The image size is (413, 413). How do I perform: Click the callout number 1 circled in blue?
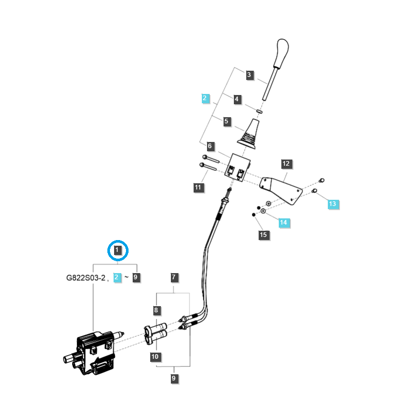(118, 251)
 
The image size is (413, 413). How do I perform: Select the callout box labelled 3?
(249, 75)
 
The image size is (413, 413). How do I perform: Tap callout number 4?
(237, 99)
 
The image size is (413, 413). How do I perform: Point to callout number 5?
(226, 122)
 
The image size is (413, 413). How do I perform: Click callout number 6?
(210, 146)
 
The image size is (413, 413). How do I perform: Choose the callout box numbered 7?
(174, 277)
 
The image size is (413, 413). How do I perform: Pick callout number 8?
(156, 310)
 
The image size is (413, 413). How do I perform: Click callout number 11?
(198, 187)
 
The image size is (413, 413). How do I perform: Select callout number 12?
(286, 164)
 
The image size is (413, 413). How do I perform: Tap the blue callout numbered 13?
(332, 204)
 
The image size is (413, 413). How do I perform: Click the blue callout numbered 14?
(283, 223)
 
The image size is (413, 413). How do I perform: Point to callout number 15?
(263, 235)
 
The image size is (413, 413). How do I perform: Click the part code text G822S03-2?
(85, 278)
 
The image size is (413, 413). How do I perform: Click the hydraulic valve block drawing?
(96, 351)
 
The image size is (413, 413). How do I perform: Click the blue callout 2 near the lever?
(205, 98)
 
